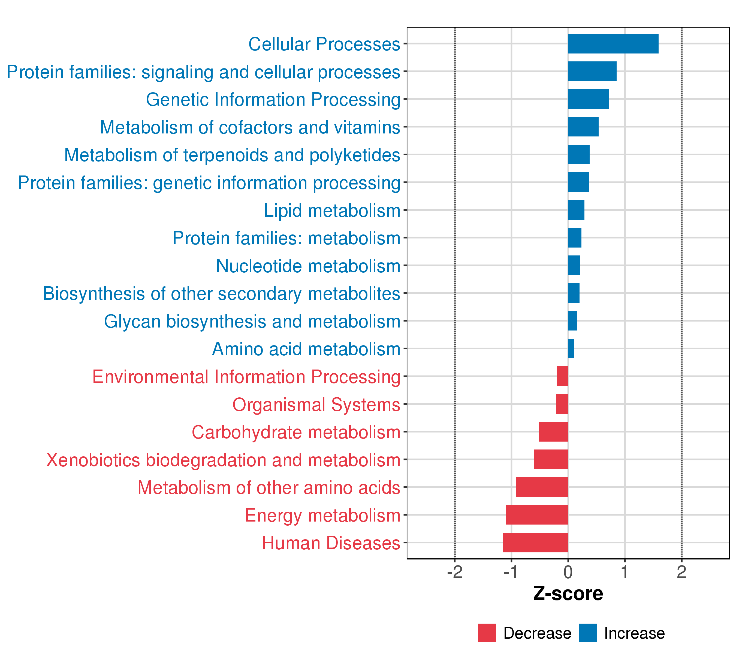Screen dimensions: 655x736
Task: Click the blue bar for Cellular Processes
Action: [x=613, y=44]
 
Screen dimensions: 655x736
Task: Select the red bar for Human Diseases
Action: [x=535, y=542]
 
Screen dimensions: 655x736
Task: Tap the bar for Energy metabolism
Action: [x=537, y=514]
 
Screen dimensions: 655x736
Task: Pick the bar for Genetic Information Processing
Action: [x=588, y=99]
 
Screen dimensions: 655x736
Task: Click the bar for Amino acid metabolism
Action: [x=571, y=349]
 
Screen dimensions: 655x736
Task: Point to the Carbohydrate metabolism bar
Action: [x=553, y=431]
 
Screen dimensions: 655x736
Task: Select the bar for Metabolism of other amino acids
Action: [x=542, y=487]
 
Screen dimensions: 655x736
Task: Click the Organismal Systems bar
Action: [x=562, y=404]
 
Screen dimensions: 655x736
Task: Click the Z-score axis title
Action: [x=568, y=594]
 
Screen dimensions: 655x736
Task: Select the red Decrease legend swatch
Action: [x=487, y=633]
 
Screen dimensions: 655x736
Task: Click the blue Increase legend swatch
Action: [x=588, y=633]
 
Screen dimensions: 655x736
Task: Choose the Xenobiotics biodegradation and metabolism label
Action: [x=223, y=460]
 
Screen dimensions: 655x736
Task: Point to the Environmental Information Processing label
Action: [x=246, y=377]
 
